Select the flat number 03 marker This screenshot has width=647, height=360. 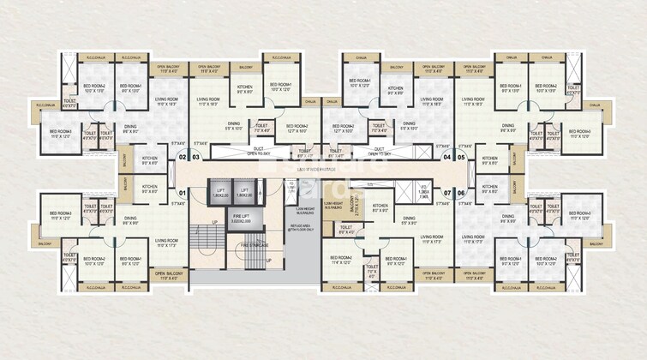195,158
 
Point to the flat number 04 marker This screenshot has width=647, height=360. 446,158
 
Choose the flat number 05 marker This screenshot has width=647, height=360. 460,158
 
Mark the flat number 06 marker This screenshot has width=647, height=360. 460,194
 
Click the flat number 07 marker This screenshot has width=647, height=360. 446,194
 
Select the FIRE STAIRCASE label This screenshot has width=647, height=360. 250,247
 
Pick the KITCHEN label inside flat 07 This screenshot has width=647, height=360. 380,207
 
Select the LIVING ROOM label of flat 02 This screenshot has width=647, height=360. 166,101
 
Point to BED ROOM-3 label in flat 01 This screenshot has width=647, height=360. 60,215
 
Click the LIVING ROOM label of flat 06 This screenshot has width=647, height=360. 473,237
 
